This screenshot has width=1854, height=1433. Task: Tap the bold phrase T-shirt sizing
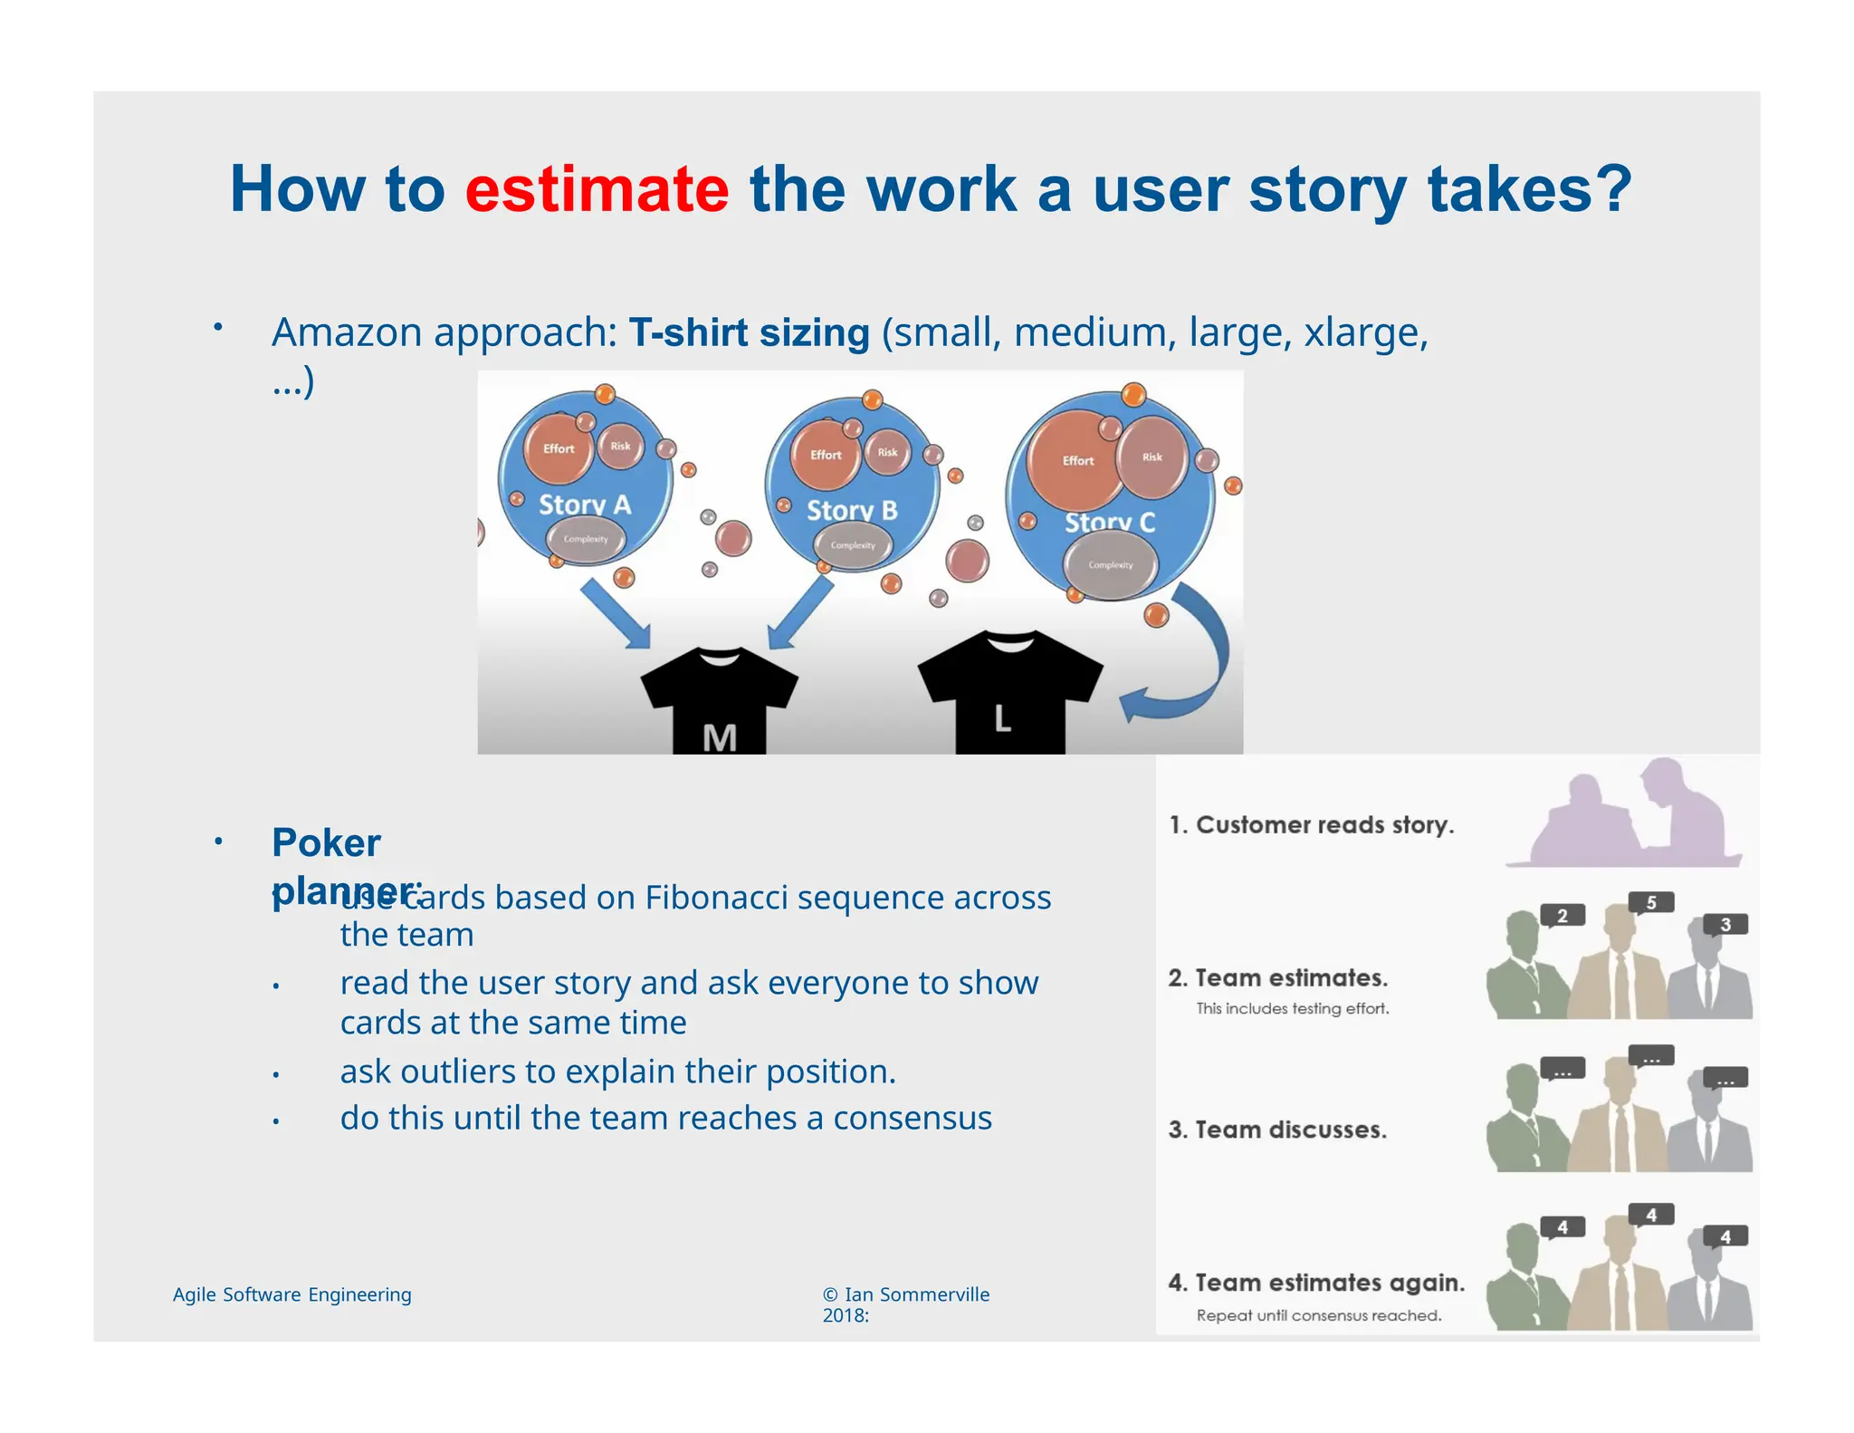click(x=749, y=332)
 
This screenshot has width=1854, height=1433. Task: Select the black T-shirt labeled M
click(x=719, y=702)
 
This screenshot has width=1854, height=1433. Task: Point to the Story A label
click(x=584, y=505)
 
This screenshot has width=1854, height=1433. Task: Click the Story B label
click(x=851, y=510)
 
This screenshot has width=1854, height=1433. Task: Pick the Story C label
click(x=1109, y=523)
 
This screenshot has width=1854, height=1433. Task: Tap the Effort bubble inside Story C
click(x=1077, y=459)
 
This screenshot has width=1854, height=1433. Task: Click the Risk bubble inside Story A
click(x=620, y=446)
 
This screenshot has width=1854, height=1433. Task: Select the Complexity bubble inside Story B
click(x=853, y=545)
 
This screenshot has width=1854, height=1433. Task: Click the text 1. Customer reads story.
click(x=1311, y=825)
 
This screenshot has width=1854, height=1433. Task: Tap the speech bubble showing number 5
click(x=1650, y=902)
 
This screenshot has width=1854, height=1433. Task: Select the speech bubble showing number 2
click(x=1562, y=916)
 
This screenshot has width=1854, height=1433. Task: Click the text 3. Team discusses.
click(x=1276, y=1130)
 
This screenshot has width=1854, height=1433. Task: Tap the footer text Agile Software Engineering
click(x=291, y=1294)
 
